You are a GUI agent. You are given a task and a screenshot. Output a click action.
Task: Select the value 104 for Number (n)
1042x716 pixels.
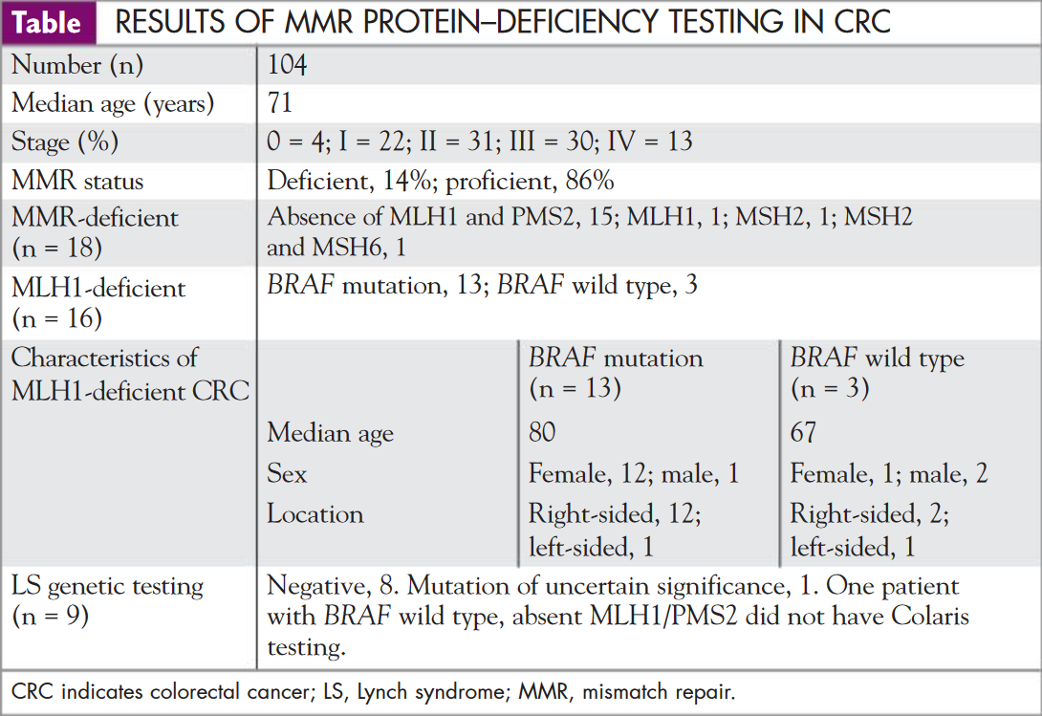pyautogui.click(x=287, y=65)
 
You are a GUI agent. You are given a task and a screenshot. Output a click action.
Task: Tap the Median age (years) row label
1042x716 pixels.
pyautogui.click(x=112, y=103)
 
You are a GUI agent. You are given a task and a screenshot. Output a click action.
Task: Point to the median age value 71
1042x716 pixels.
pyautogui.click(x=280, y=103)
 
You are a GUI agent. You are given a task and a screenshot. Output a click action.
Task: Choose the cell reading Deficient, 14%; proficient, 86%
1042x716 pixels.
pyautogui.click(x=441, y=180)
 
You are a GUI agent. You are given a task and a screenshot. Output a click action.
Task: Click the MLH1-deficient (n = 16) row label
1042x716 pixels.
pyautogui.click(x=98, y=301)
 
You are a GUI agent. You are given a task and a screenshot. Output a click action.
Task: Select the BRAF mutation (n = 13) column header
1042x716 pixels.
pyautogui.click(x=616, y=373)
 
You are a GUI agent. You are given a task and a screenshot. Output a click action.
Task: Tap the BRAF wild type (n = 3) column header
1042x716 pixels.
pyautogui.click(x=877, y=373)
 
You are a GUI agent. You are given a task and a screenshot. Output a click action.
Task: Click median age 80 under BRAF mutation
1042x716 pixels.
pyautogui.click(x=542, y=432)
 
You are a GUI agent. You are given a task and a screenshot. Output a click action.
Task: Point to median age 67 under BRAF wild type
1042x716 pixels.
pyautogui.click(x=803, y=432)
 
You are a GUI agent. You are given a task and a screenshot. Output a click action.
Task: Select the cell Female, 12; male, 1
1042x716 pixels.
pyautogui.click(x=634, y=473)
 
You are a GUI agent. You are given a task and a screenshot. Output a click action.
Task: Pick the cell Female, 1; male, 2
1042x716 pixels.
pyautogui.click(x=889, y=473)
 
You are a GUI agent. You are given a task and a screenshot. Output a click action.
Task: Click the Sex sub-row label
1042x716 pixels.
pyautogui.click(x=287, y=473)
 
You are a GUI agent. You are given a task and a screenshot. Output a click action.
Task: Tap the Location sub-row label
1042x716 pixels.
pyautogui.click(x=315, y=513)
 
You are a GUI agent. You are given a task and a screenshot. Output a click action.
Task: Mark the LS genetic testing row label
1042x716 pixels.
pyautogui.click(x=107, y=599)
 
